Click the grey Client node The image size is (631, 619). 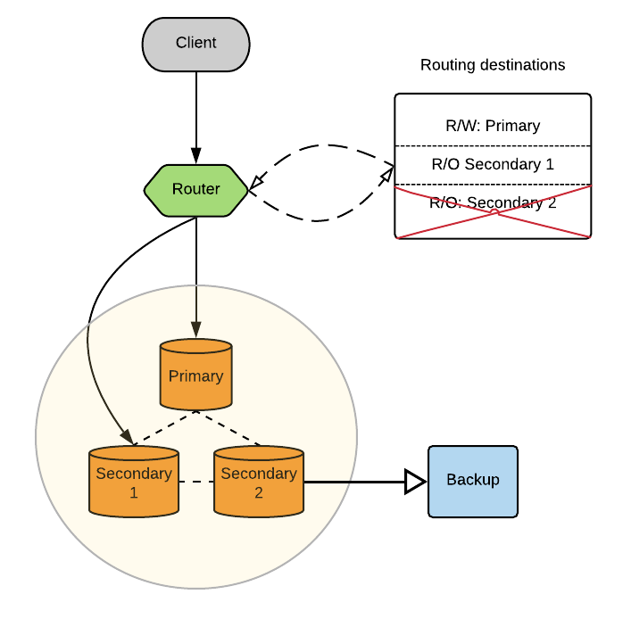point(195,43)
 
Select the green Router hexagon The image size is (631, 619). point(196,189)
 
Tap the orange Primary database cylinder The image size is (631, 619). point(195,375)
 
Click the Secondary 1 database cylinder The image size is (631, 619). point(134,482)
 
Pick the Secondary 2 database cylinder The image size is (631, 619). point(259,482)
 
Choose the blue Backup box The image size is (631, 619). point(473,481)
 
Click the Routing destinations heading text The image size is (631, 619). point(493,65)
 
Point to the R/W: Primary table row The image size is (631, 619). point(493,126)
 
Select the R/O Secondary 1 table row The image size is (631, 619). point(493,164)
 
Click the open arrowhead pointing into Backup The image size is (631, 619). point(415,482)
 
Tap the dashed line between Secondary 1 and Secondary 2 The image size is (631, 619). point(196,482)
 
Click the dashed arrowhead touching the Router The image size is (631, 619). point(256,183)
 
